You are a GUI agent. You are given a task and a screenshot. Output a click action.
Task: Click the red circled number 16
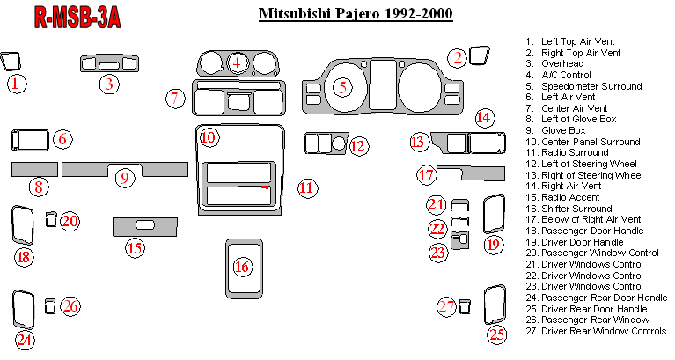click(x=242, y=266)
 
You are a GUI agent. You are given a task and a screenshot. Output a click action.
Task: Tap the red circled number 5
click(x=342, y=86)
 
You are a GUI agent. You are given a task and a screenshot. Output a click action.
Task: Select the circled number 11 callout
click(x=305, y=187)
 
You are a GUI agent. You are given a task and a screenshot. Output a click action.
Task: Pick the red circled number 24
click(x=24, y=340)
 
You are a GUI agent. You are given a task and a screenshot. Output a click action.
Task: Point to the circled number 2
click(x=458, y=58)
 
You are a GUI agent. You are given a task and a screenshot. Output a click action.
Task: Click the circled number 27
click(x=448, y=306)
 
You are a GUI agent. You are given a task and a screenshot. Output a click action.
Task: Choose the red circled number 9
click(x=124, y=178)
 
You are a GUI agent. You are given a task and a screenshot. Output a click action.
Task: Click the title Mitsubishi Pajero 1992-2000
click(x=356, y=16)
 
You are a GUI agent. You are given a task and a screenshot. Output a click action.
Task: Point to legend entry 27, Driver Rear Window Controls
click(x=595, y=331)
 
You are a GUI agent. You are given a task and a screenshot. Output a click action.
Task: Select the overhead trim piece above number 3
click(x=109, y=63)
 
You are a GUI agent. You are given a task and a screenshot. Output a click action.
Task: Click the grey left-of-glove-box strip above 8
click(x=33, y=168)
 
